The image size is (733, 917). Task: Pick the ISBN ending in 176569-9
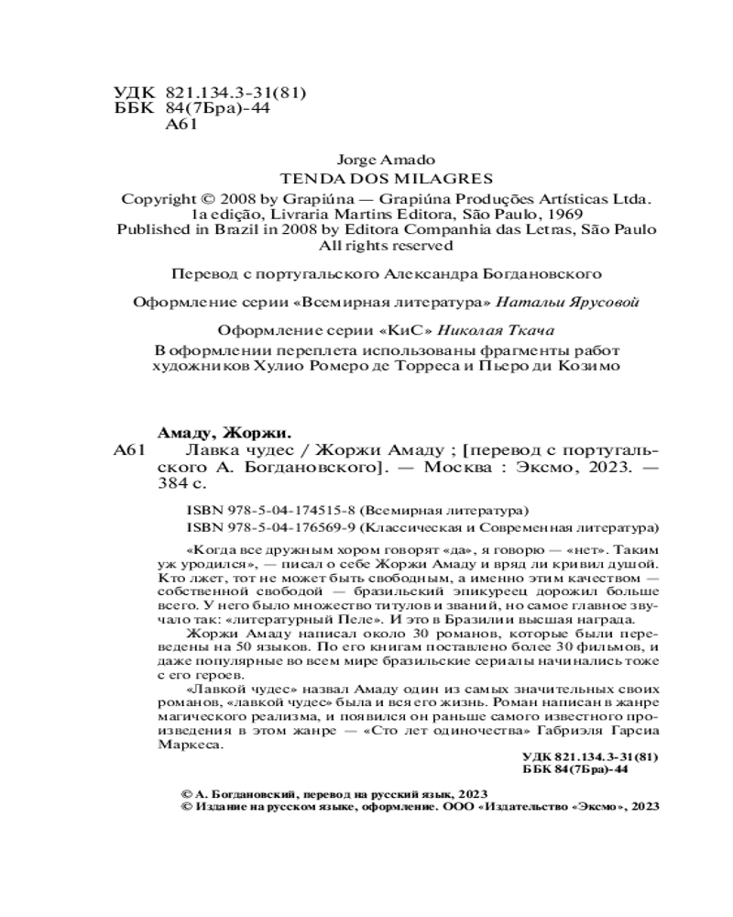coord(266,527)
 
